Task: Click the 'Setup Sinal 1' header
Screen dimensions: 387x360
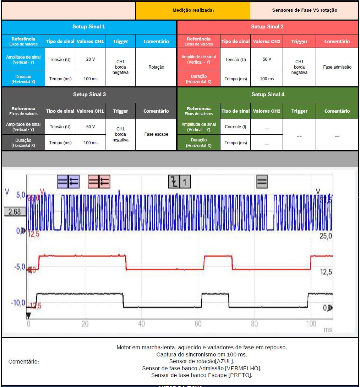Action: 89,27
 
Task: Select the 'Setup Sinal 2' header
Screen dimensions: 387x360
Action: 267,27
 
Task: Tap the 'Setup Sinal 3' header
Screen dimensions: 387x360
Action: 89,95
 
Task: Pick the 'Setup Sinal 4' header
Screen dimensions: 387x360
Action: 268,95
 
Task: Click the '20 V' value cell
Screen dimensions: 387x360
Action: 90,59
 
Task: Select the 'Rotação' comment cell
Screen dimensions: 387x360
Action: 156,67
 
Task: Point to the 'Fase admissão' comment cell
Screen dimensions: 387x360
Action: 337,67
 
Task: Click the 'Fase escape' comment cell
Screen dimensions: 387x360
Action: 156,135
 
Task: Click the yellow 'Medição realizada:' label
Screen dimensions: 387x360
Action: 193,10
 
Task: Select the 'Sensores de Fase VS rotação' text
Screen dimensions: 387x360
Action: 304,10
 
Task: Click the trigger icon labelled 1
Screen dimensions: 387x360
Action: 179,182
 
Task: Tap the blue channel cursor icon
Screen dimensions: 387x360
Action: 68,182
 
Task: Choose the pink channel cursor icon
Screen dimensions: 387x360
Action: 99,182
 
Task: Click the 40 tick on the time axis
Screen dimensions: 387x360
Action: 141,324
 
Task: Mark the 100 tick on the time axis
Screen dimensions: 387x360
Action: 311,324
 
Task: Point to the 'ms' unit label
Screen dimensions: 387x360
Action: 328,329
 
